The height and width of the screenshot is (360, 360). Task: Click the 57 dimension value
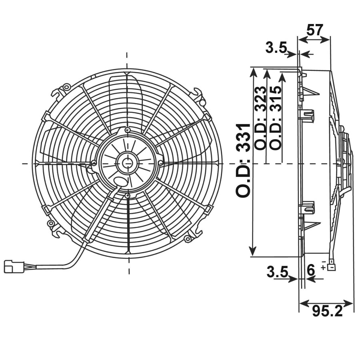tap(315, 30)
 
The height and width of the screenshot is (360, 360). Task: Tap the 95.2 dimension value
tap(327, 311)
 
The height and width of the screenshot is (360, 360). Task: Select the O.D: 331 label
tap(243, 160)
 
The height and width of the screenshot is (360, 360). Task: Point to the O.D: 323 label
tap(260, 118)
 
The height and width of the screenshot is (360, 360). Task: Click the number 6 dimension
tap(310, 270)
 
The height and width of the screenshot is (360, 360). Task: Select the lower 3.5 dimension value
tap(277, 272)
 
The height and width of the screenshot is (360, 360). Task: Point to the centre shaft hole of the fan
tap(127, 163)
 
